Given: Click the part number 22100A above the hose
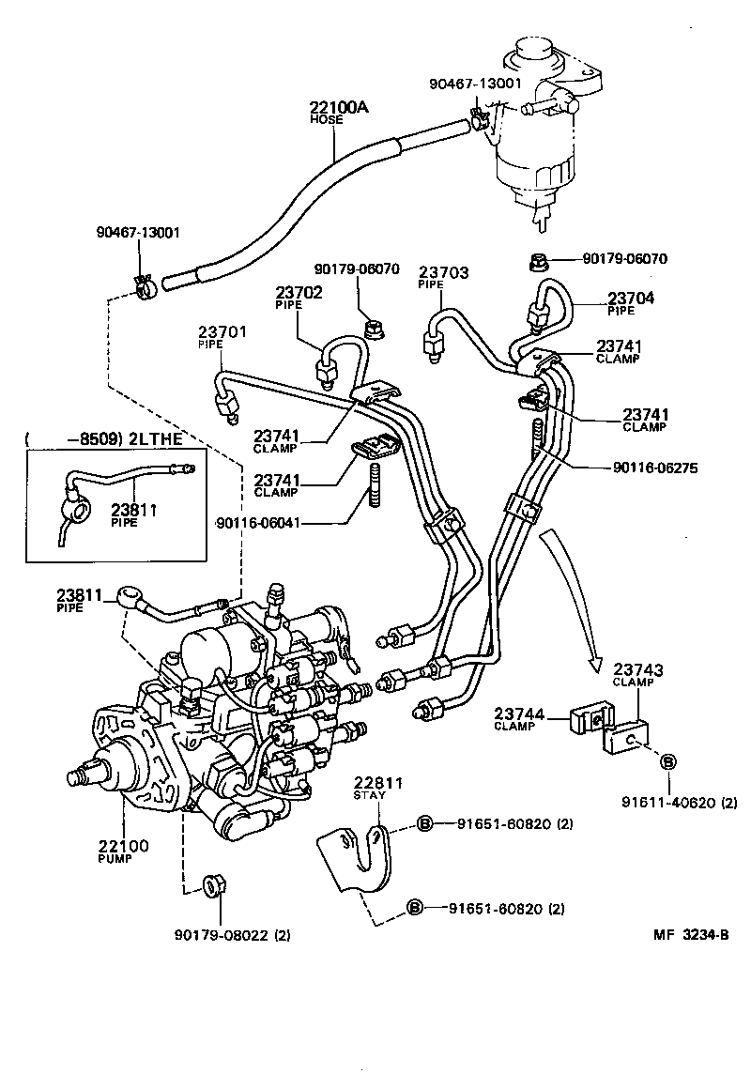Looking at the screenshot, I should pyautogui.click(x=339, y=108).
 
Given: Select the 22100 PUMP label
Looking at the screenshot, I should pyautogui.click(x=122, y=846).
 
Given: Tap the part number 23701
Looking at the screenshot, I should pyautogui.click(x=222, y=332).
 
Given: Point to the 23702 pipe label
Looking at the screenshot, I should pyautogui.click(x=299, y=292).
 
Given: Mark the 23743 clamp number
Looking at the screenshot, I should pyautogui.click(x=638, y=669).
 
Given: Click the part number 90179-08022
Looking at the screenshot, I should pyautogui.click(x=221, y=934).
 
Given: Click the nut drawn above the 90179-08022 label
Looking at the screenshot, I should pyautogui.click(x=213, y=885).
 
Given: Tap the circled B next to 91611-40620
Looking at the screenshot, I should pyautogui.click(x=667, y=761).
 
